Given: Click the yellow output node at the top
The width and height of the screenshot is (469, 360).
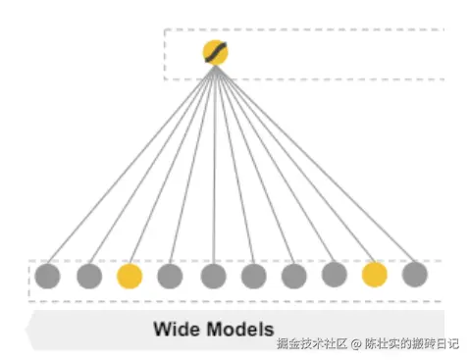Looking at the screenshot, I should tap(215, 53).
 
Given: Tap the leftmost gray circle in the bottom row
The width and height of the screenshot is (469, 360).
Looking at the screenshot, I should tap(47, 277).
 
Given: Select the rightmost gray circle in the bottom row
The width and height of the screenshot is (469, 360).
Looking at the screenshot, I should tap(415, 274).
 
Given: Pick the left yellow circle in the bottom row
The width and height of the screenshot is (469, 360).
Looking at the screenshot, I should tap(130, 276).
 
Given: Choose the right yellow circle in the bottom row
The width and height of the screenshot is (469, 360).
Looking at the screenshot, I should tap(374, 274).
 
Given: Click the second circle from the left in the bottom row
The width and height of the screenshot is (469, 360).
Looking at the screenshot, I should tap(89, 277).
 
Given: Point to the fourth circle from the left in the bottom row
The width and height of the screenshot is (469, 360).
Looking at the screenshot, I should tap(170, 277).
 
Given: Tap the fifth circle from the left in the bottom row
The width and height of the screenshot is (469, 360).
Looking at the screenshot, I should tap(213, 277).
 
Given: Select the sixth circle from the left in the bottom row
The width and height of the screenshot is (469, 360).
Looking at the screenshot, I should tap(253, 277).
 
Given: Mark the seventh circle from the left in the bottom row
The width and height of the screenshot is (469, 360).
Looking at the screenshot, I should tap(293, 277).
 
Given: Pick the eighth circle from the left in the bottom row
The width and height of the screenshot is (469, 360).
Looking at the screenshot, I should tap(334, 275).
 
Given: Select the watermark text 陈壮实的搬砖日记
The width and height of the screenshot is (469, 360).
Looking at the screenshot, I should tap(410, 344).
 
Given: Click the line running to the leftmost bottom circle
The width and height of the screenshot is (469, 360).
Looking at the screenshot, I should tap(130, 165).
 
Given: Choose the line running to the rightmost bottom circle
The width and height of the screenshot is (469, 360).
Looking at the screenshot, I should tap(315, 164).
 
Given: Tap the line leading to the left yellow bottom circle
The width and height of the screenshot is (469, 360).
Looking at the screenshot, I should tap(172, 165).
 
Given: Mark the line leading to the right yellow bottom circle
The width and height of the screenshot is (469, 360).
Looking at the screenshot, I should tap(294, 164).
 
